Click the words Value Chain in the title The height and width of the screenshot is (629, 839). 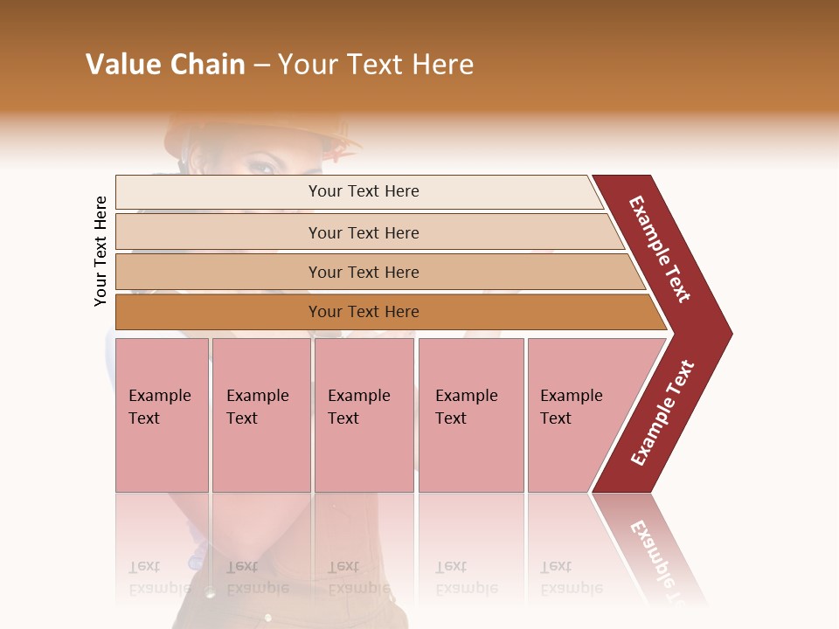click(165, 65)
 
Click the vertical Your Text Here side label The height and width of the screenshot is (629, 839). click(101, 251)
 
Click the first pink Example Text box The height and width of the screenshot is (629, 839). click(162, 415)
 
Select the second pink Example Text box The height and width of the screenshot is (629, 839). click(260, 415)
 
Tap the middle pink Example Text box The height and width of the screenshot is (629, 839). click(364, 415)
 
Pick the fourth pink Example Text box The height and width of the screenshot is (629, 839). click(470, 415)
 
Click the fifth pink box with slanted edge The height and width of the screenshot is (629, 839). click(577, 415)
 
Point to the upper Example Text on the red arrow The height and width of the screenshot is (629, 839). click(660, 249)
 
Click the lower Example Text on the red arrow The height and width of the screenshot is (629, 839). click(662, 412)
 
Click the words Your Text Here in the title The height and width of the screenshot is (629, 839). click(376, 65)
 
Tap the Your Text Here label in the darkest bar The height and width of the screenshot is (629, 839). click(364, 312)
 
